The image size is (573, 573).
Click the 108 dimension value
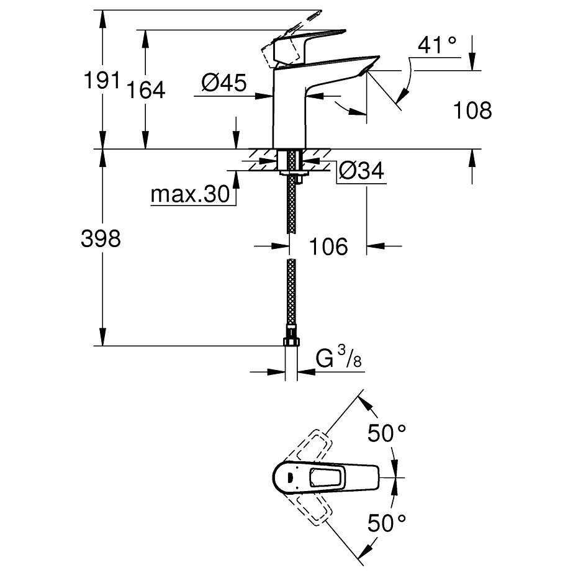[472, 111]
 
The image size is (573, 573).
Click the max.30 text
[190, 196]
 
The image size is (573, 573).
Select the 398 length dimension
[101, 239]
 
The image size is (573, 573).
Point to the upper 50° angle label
[385, 433]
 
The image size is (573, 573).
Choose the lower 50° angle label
[385, 523]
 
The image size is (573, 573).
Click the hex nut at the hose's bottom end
[291, 341]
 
